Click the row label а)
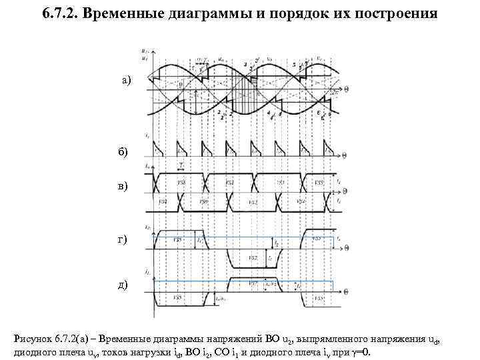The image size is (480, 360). click(x=126, y=80)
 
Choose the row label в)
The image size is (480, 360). click(x=125, y=186)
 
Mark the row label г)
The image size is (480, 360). click(x=125, y=239)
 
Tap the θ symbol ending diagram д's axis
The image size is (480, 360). click(x=346, y=291)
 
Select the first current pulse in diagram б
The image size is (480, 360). click(x=157, y=149)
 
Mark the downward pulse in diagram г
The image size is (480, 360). click(x=252, y=257)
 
